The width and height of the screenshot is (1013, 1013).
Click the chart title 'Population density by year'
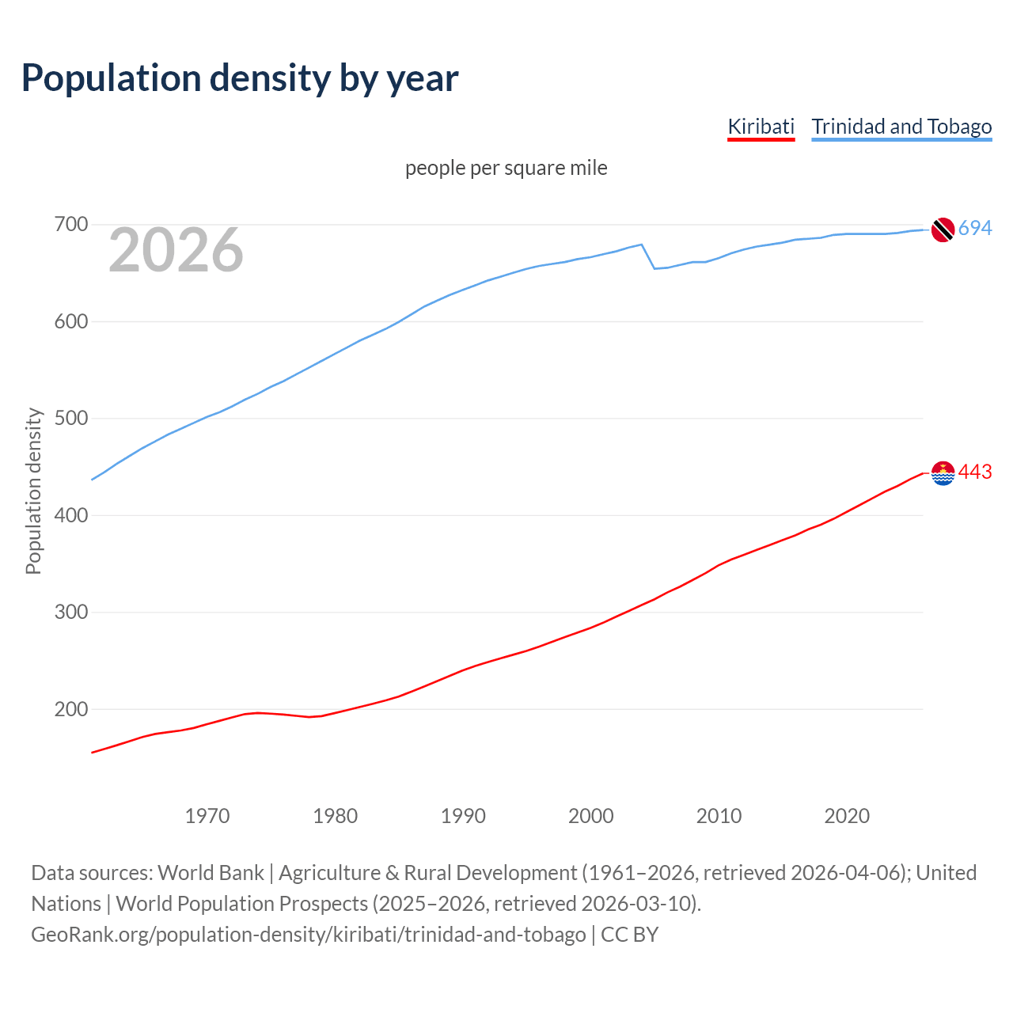click(240, 78)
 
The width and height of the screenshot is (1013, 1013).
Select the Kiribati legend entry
click(761, 127)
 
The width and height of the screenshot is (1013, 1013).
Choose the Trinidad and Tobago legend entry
click(901, 127)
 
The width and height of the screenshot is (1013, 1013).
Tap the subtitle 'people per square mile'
click(506, 168)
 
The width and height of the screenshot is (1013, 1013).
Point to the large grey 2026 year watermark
click(176, 250)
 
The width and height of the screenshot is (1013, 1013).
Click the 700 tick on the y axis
click(70, 225)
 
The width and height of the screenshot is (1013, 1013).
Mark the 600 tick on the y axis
click(70, 321)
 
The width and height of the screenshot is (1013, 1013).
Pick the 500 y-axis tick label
click(70, 419)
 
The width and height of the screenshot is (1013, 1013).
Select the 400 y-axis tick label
click(70, 515)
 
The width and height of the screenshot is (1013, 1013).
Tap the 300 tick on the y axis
click(70, 613)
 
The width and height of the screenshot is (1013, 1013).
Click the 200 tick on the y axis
click(70, 709)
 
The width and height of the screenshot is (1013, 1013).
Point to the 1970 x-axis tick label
click(207, 816)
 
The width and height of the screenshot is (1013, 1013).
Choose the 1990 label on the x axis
click(463, 816)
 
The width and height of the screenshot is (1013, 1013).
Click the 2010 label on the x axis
click(719, 816)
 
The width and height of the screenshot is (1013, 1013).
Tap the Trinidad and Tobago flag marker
click(943, 230)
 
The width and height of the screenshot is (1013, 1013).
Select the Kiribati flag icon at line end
click(943, 473)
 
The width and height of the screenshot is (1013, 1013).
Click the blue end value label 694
click(975, 229)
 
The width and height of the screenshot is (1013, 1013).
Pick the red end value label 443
click(975, 472)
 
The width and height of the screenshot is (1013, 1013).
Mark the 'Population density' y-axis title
click(33, 491)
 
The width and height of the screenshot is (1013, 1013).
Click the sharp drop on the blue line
click(648, 256)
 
